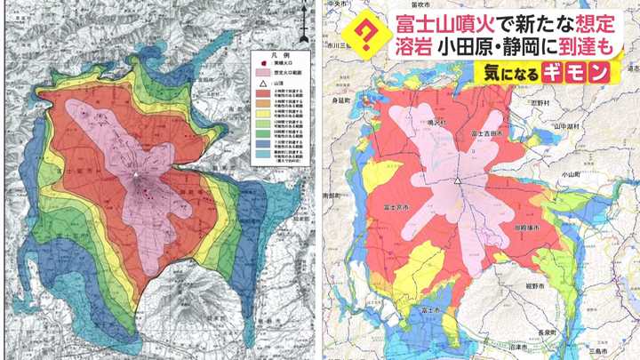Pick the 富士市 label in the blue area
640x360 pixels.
(x=434, y=308)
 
